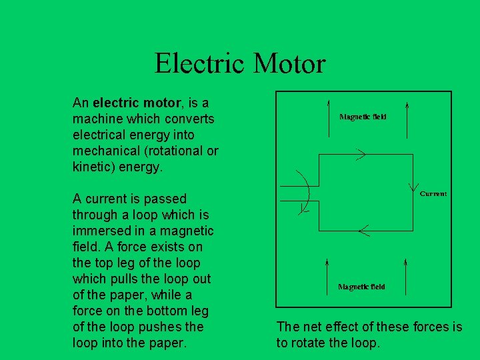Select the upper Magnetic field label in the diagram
click(363, 117)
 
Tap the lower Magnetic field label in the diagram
click(361, 287)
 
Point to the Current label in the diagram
click(433, 193)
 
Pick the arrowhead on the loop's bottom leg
click(363, 231)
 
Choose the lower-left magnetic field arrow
click(327, 273)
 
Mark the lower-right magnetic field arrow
click(407, 273)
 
